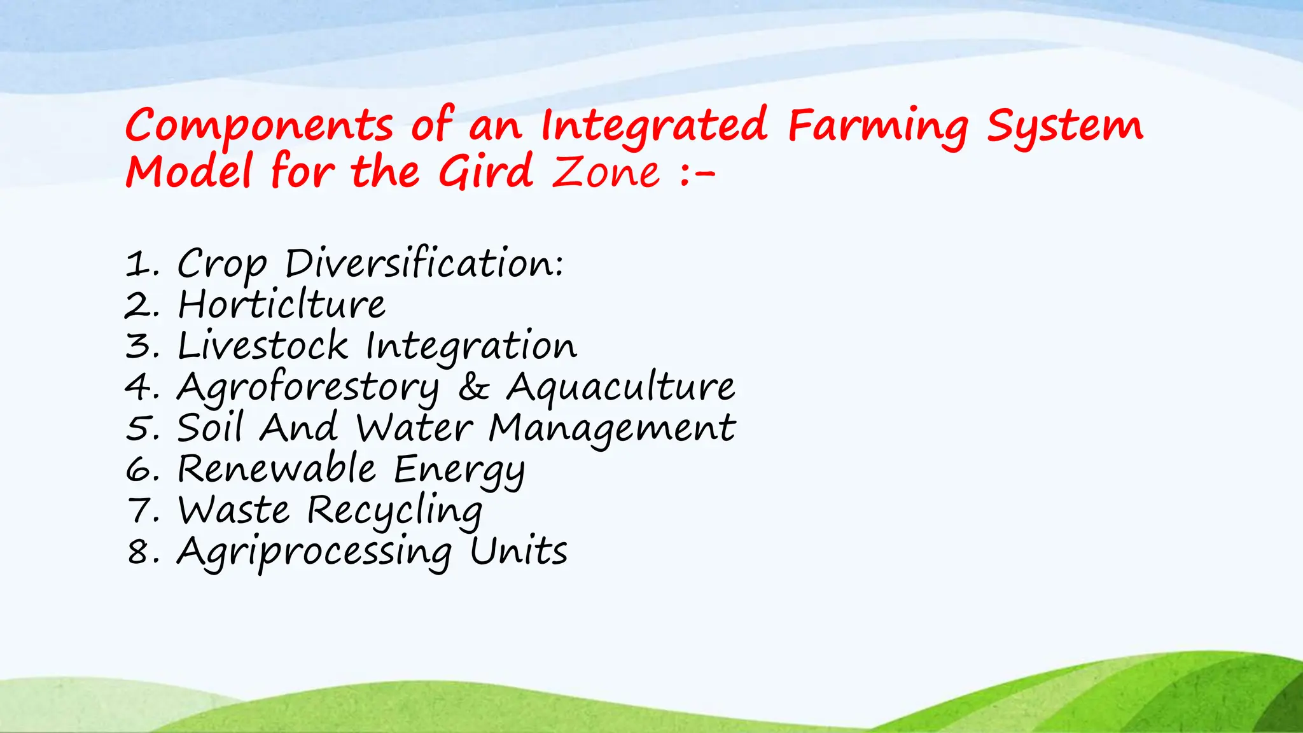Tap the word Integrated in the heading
coord(654,125)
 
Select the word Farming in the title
coord(878,125)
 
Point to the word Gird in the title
coord(485,172)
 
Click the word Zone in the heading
coord(606,172)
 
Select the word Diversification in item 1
coord(424,263)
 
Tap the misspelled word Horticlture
coord(281,304)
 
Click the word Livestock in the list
coord(263,346)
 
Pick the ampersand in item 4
coord(474,387)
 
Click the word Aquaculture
coord(620,387)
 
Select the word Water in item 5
coord(414,428)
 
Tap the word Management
coord(612,428)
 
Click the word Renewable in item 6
coord(277,469)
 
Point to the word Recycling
coord(394,511)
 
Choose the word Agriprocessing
coord(314,552)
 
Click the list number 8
coord(139,552)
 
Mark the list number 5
coord(139,428)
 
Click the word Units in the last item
coord(519,552)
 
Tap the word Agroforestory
coord(308,387)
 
